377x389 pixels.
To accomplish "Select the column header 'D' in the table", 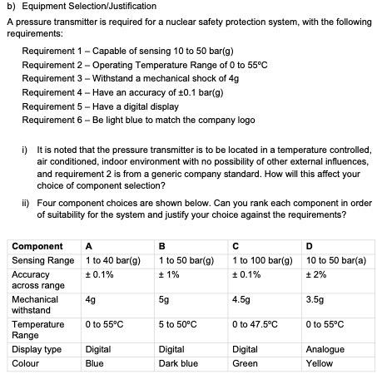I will click(310, 246).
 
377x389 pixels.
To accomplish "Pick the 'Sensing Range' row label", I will click(42, 260).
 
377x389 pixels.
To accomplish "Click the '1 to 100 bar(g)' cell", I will click(264, 260).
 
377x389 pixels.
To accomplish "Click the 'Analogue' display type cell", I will click(325, 350).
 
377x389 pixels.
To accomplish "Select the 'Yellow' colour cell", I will click(320, 363).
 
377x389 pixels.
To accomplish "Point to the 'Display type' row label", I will click(37, 350).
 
